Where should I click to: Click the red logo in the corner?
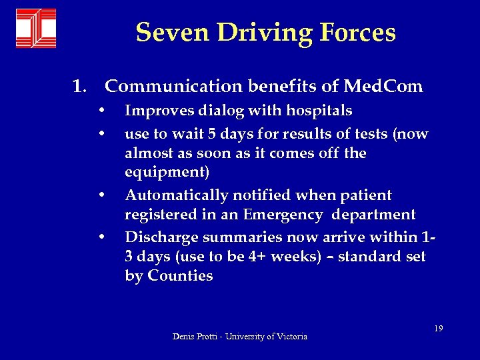[x=36, y=29]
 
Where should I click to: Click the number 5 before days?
[x=211, y=134]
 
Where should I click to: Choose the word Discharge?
[x=157, y=237]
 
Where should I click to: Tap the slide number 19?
[x=438, y=328]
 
